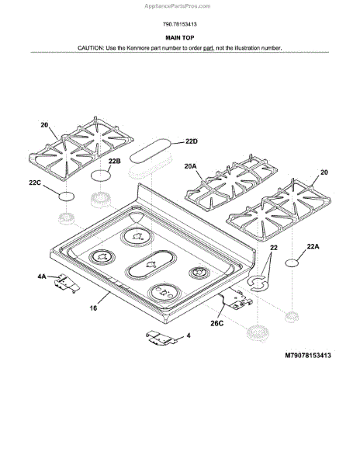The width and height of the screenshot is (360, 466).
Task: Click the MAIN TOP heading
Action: point(179,38)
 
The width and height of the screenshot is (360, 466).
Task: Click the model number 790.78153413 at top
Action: point(179,24)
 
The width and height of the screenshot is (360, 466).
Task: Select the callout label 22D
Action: point(192,141)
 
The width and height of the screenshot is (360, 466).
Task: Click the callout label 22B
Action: point(114,161)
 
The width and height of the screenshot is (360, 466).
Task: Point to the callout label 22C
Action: point(35,183)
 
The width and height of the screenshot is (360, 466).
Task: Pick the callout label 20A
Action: point(190,166)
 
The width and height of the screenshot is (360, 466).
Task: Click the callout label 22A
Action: point(313,246)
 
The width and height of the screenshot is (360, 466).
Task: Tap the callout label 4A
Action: point(42,276)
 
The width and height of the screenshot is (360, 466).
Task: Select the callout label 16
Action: point(93,308)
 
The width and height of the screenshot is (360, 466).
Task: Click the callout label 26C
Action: point(217,323)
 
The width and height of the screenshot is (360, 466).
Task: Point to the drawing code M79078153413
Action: point(308,356)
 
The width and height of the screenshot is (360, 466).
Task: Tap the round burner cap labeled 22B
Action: point(101,176)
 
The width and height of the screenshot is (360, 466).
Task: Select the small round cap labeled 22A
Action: point(292,263)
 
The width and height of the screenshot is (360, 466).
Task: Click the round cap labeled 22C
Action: point(66,196)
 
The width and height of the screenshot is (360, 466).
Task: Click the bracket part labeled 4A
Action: point(67,283)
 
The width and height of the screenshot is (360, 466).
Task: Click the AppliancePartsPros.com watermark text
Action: point(178,6)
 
